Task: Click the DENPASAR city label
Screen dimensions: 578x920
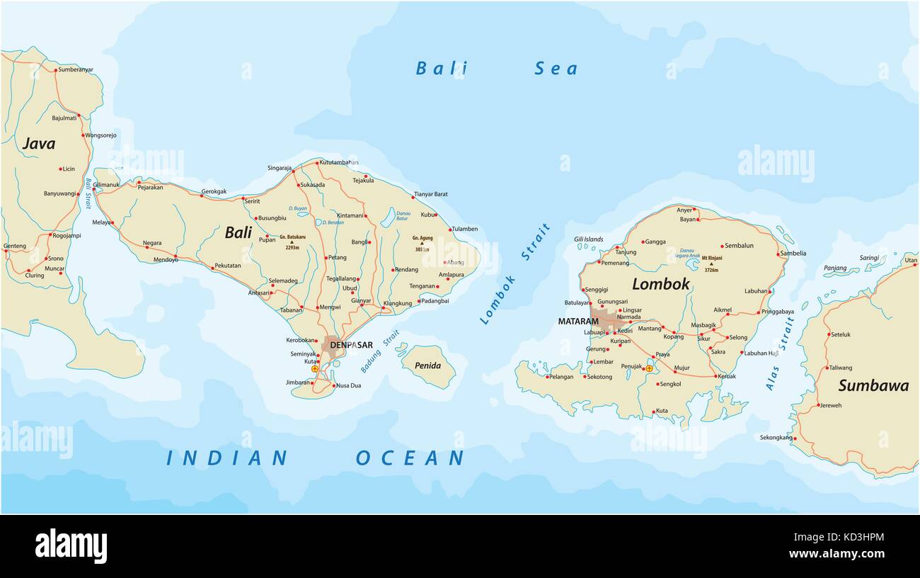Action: [x=352, y=345]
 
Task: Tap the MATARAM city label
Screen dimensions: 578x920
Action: [x=578, y=322]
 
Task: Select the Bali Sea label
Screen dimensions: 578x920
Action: [x=495, y=69]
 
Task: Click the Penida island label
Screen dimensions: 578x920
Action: [x=427, y=366]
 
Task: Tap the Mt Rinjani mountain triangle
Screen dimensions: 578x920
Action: [x=711, y=263]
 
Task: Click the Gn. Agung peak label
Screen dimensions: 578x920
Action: [x=423, y=239]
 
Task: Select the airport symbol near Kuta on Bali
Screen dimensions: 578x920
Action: [x=315, y=369]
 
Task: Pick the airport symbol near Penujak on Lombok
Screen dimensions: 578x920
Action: [x=649, y=368]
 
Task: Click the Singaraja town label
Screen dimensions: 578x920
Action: [x=280, y=168]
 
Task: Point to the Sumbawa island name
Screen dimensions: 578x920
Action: [x=873, y=386]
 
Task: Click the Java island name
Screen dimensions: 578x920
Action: [x=39, y=144]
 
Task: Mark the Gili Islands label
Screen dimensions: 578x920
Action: [x=588, y=239]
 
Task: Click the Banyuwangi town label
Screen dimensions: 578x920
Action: [x=59, y=193]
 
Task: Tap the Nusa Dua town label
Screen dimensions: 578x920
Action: [x=348, y=385]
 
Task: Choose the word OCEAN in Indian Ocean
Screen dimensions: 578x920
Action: [x=410, y=458]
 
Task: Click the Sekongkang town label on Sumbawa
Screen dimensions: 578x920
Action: [x=776, y=438]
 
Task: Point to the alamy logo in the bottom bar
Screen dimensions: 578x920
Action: [x=71, y=546]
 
